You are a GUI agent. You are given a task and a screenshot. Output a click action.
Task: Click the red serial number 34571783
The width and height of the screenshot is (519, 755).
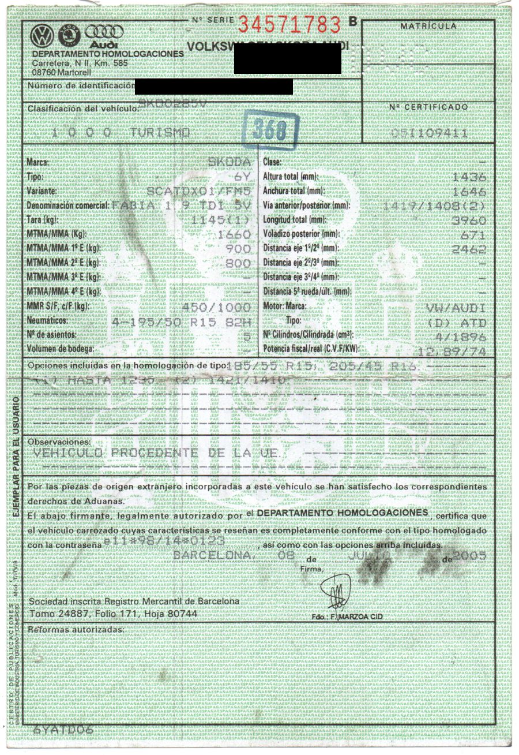pos(290,24)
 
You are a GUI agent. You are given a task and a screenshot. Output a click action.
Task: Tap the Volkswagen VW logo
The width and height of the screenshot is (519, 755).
pos(43,36)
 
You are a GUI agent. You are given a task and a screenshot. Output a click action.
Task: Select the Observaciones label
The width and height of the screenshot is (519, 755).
pos(59,442)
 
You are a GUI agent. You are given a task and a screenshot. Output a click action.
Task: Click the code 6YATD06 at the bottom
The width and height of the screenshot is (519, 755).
pos(63,730)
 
